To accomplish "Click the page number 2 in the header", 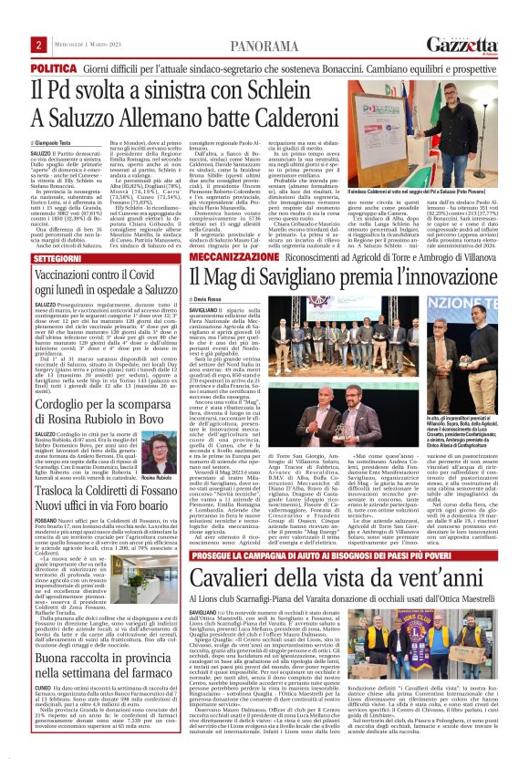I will [38, 46].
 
